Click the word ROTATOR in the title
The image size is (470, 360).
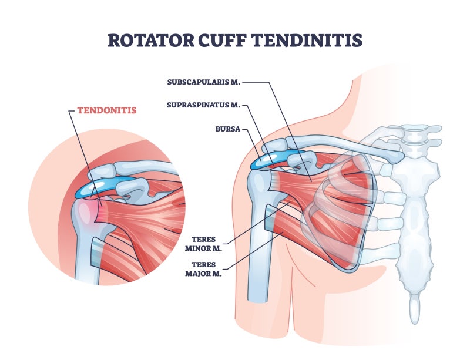[x=151, y=40]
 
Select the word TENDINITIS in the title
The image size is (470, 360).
[x=307, y=40]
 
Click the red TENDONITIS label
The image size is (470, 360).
[x=107, y=110]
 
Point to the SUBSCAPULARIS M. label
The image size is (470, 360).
[x=203, y=82]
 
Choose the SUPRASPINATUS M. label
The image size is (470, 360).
[x=203, y=105]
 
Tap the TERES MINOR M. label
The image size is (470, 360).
[x=203, y=244]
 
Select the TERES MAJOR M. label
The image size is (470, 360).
[x=203, y=269]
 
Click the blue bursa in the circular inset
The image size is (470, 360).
[x=102, y=187]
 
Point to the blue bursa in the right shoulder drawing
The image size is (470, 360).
[x=273, y=159]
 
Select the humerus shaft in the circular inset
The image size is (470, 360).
[x=87, y=255]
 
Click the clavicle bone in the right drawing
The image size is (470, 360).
[x=345, y=146]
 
